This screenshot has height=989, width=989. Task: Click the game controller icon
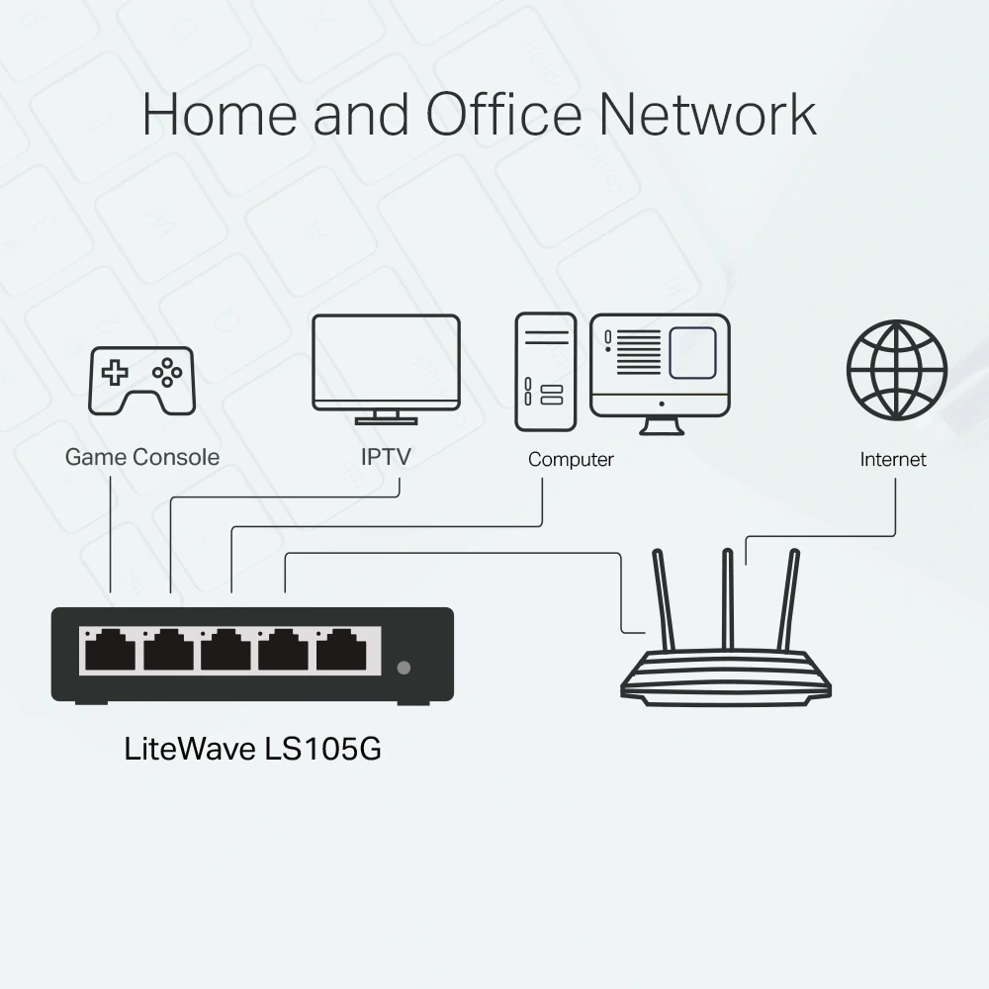pos(142,380)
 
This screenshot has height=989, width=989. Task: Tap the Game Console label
pos(142,457)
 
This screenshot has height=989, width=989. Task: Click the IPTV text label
pos(386,457)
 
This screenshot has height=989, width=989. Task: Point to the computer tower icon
pos(545,372)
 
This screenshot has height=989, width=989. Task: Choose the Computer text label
pos(571,460)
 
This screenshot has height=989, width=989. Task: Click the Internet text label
pos(893,460)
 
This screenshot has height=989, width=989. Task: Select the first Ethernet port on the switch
pos(109,651)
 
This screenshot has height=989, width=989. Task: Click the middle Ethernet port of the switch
pos(225,651)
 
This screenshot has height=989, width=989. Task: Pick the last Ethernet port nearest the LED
pos(342,651)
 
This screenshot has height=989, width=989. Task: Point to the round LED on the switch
pos(404,668)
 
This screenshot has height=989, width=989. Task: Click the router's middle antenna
pos(728,599)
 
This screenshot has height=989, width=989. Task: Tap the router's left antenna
pos(664,599)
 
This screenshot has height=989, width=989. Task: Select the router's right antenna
pos(789,599)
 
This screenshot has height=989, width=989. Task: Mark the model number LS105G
pos(322,749)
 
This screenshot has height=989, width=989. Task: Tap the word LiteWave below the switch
pos(190,749)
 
